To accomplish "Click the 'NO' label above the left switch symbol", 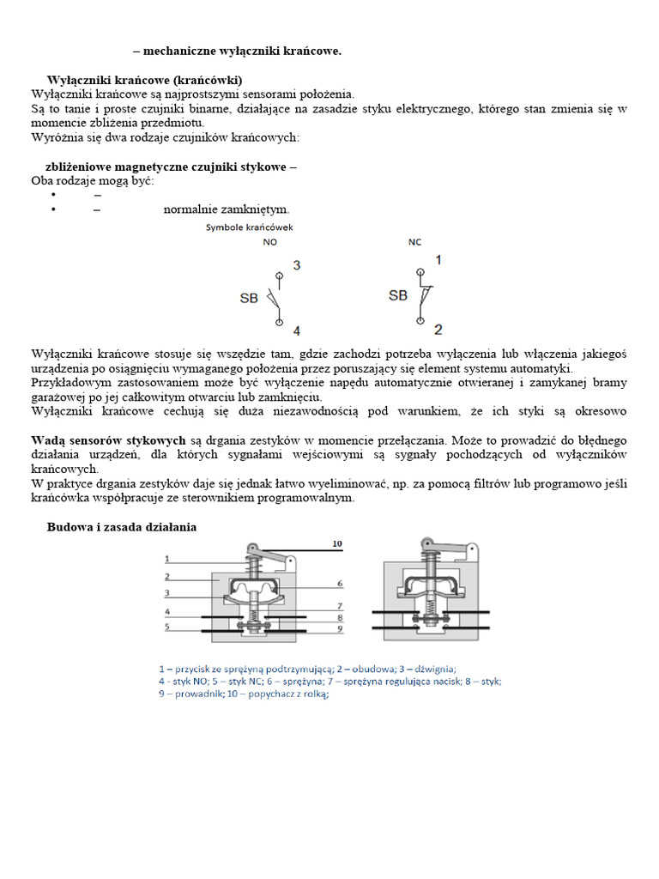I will point(270,243).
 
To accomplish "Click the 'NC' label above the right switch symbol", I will point(414,243).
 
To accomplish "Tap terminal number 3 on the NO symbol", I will point(296,265).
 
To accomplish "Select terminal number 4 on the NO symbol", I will point(296,330).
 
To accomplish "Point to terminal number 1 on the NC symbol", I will point(438,259).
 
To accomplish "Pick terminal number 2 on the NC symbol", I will point(438,329).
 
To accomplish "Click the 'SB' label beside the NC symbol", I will point(398,295).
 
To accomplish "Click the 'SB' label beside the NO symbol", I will point(248,299).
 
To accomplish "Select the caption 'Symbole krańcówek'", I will point(249,227).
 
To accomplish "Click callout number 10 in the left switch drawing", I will point(336,543).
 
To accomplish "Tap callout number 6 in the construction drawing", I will point(340,583).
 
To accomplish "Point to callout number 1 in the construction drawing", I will point(168,558).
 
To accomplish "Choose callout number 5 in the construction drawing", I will point(168,627).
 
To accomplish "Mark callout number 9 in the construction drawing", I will point(340,628).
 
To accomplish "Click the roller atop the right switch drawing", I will point(426,544).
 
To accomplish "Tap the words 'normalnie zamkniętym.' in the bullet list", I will point(227,209).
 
